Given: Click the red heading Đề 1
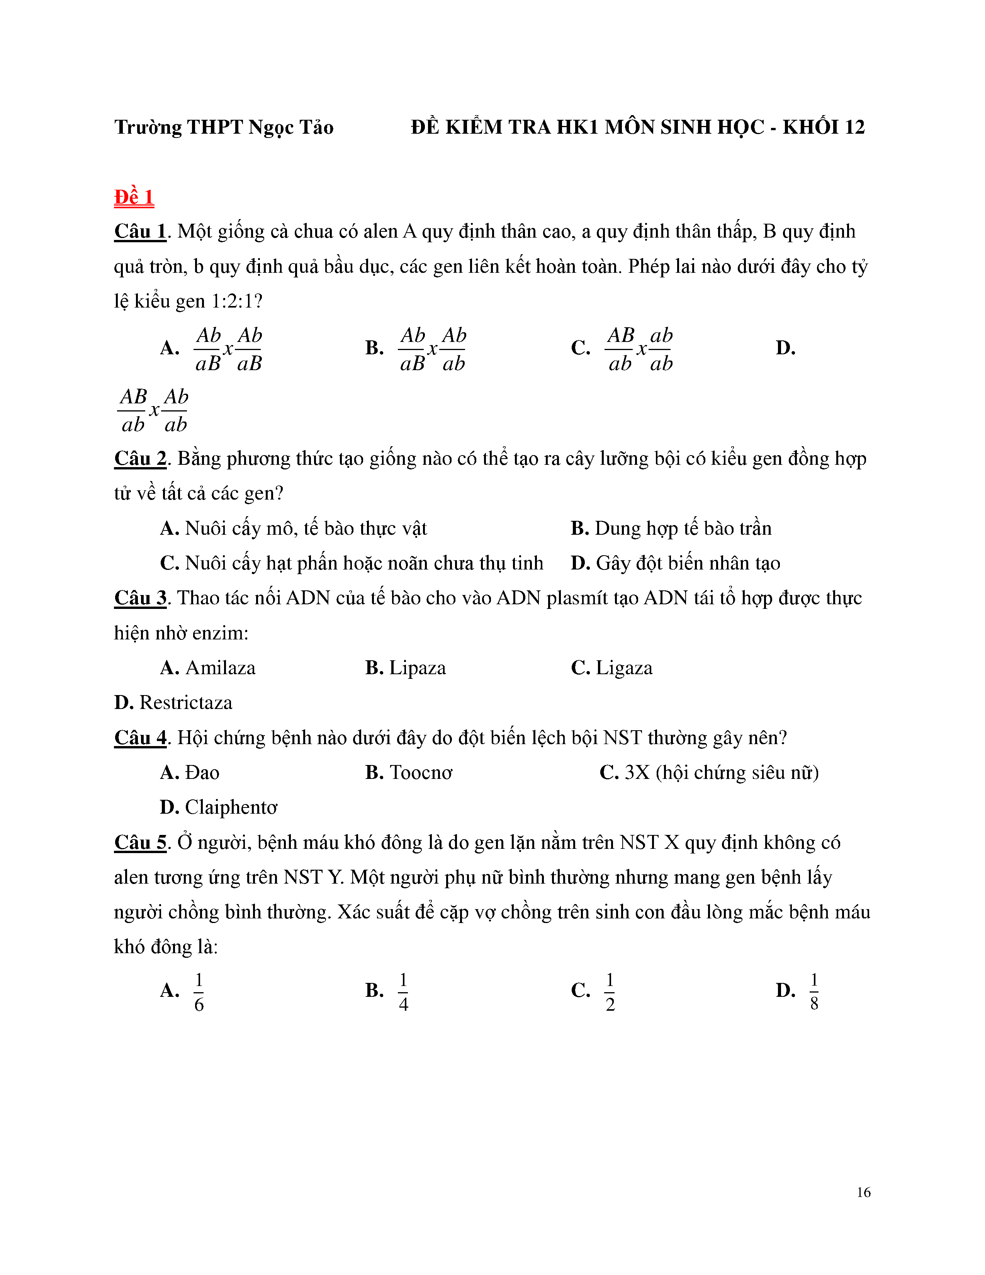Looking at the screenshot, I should pyautogui.click(x=134, y=197).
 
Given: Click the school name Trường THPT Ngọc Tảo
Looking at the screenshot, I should pyautogui.click(x=224, y=127).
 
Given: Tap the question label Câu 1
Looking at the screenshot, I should pyautogui.click(x=140, y=232).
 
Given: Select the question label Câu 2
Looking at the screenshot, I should pyautogui.click(x=140, y=459).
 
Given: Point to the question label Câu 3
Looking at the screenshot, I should pyautogui.click(x=140, y=598).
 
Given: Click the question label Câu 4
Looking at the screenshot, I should pyautogui.click(x=140, y=738).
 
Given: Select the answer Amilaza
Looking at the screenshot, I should pyautogui.click(x=220, y=668).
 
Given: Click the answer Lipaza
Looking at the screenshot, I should pyautogui.click(x=417, y=668).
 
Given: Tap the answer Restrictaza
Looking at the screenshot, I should pyautogui.click(x=185, y=703).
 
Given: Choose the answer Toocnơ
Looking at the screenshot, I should pyautogui.click(x=420, y=773).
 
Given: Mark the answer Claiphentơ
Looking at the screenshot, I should pyautogui.click(x=231, y=807).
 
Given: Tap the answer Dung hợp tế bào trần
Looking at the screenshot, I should pyautogui.click(x=683, y=528).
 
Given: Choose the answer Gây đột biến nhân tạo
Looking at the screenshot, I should pyautogui.click(x=688, y=563).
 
